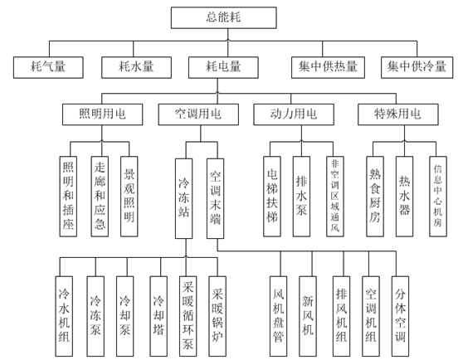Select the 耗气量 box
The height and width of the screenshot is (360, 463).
(x=48, y=64)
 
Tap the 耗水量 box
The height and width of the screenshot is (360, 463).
(x=134, y=64)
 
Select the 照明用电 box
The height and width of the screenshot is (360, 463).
(x=99, y=113)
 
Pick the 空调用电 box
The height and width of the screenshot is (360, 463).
(x=193, y=113)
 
